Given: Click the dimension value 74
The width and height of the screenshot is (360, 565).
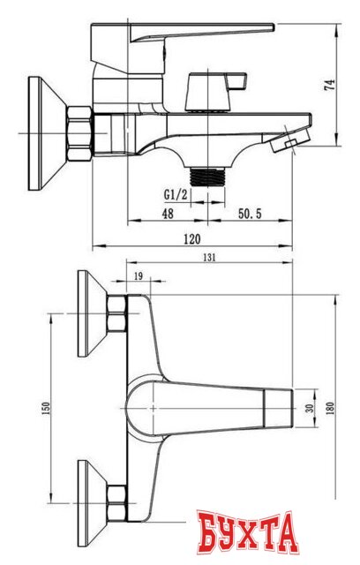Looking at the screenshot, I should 330,86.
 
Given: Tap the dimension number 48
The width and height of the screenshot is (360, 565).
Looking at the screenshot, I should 168,213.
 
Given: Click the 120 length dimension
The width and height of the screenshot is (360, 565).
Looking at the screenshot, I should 191,239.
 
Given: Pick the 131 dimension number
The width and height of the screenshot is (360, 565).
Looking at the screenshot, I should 210,258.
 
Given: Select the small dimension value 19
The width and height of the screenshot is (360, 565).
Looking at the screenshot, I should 138,277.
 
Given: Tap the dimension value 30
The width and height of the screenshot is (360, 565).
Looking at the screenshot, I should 309,408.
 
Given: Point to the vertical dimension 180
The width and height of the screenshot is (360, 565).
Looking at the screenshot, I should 330,408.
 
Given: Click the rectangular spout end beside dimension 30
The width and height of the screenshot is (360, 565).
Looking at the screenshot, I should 277,408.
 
